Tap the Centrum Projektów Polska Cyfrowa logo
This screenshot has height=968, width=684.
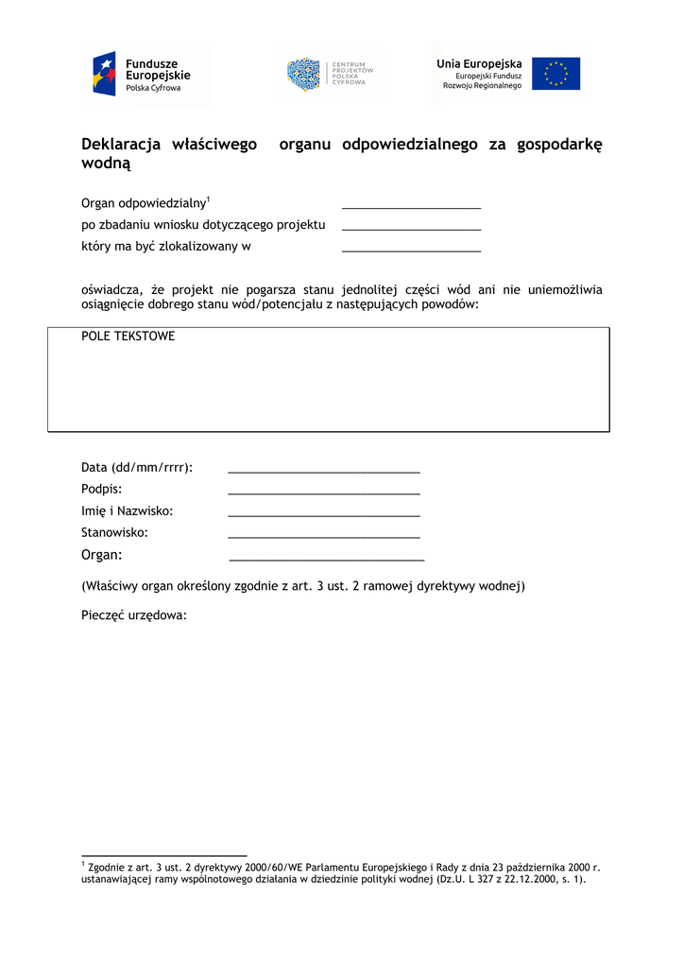[330, 75]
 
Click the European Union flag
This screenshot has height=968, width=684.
[556, 74]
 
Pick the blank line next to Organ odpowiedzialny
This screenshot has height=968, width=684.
[411, 205]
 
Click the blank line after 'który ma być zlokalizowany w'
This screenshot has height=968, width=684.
[411, 250]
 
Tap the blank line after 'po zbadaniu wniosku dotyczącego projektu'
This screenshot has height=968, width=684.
[411, 228]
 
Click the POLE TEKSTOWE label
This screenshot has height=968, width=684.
[128, 337]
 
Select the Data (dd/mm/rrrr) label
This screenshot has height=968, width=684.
[137, 468]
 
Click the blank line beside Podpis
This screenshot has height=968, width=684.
[324, 492]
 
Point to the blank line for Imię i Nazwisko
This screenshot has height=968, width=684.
[324, 513]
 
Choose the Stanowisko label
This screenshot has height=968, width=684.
[114, 533]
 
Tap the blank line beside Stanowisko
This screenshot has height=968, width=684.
[324, 536]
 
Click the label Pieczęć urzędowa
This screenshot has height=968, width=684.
[134, 615]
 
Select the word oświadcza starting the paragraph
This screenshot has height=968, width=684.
[112, 290]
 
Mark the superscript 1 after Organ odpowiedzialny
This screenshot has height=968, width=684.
[208, 199]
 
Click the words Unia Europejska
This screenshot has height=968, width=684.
[479, 63]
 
